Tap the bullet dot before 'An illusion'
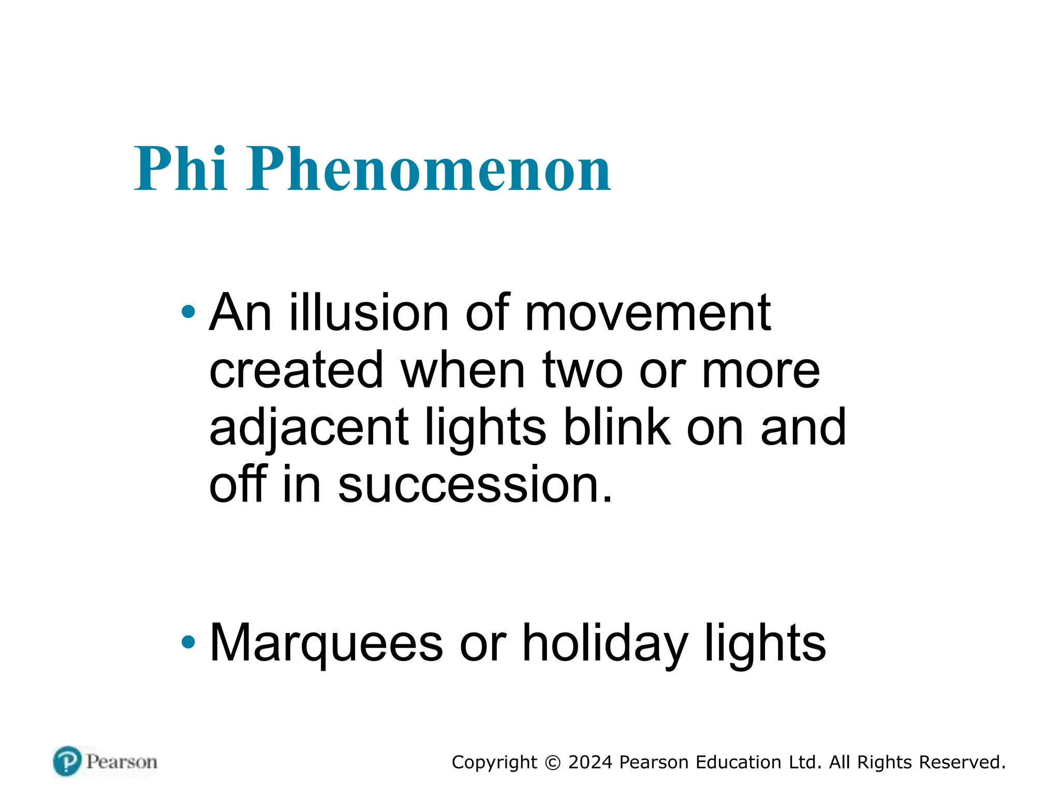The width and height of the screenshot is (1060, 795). pyautogui.click(x=188, y=312)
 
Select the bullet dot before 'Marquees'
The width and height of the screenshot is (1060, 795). pyautogui.click(x=188, y=642)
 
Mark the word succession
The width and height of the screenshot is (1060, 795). pyautogui.click(x=475, y=484)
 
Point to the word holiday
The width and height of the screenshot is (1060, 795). pyautogui.click(x=605, y=643)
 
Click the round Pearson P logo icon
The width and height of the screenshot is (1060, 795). pyautogui.click(x=67, y=761)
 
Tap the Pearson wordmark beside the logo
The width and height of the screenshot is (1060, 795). pyautogui.click(x=122, y=762)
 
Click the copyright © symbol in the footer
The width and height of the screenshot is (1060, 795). pyautogui.click(x=553, y=763)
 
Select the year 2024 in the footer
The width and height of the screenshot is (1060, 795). pyautogui.click(x=590, y=762)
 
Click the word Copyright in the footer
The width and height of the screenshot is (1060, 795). pyautogui.click(x=494, y=763)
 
